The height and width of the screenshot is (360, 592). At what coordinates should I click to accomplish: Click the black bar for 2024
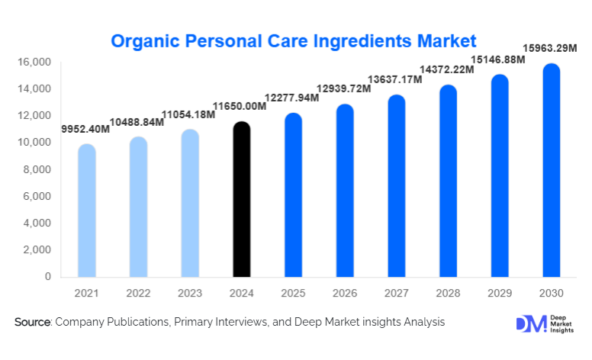242,200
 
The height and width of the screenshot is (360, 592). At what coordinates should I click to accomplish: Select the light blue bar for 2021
87,211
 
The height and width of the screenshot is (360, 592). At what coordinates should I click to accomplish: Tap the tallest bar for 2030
551,170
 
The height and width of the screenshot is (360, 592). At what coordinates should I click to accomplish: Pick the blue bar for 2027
397,186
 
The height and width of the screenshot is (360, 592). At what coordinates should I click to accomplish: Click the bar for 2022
139,207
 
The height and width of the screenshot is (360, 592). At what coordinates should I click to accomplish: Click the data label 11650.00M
240,106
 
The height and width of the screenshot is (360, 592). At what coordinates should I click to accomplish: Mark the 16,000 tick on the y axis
35,62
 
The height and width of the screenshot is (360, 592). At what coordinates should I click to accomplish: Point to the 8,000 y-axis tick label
37,169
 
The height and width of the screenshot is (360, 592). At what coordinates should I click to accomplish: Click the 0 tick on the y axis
47,277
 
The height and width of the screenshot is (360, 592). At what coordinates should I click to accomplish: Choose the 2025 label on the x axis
293,294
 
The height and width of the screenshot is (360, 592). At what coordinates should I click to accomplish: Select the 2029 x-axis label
500,294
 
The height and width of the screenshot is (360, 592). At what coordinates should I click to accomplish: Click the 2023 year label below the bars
190,294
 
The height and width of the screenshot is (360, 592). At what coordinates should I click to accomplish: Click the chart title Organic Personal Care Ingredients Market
294,40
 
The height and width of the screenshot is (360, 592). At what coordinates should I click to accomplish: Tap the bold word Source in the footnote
32,323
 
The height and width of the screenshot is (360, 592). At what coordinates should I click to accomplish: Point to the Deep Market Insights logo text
564,323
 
